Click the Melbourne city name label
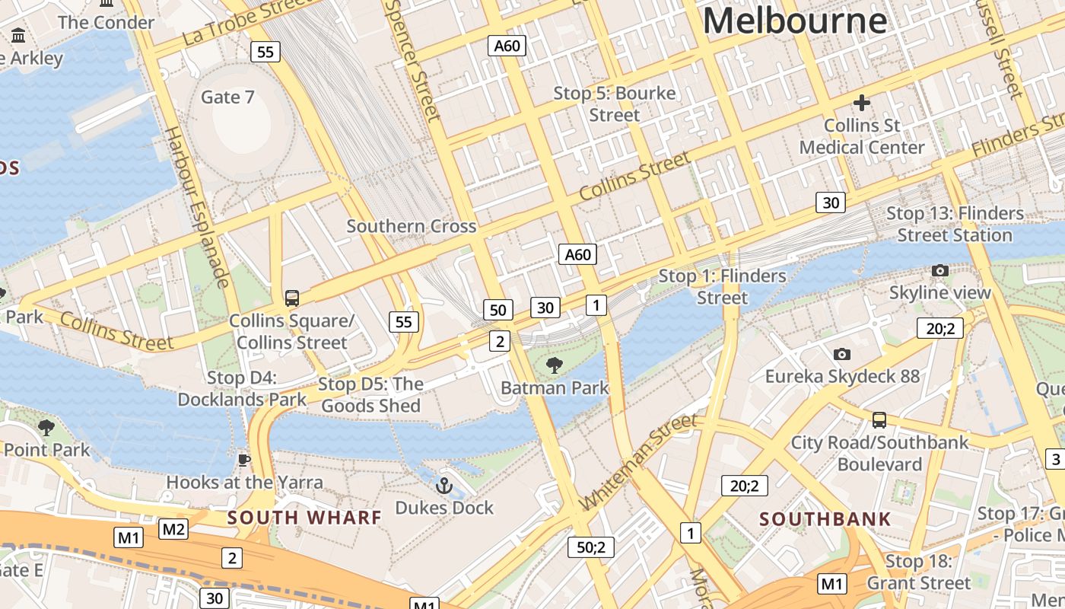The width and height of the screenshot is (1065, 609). coord(794,21)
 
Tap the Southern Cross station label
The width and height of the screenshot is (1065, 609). coord(412,226)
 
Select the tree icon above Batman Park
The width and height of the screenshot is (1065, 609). coord(555,365)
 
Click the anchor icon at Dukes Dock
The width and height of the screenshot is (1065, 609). coord(443,485)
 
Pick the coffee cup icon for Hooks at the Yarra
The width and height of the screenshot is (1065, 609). coord(243,460)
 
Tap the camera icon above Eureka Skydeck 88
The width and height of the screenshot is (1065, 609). coord(841,354)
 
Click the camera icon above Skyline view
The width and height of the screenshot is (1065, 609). coord(939,271)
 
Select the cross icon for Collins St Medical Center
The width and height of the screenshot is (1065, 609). coord(861,102)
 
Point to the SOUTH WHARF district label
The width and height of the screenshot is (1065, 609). coord(304,518)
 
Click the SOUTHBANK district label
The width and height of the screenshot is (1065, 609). coord(825,520)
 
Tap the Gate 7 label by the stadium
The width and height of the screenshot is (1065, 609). coord(227,97)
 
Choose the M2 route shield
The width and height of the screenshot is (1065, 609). coord(173,529)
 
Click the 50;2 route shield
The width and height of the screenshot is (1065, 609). coord(590,547)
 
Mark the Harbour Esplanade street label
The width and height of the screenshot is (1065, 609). coord(197,208)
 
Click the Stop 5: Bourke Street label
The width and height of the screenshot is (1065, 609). coord(615,104)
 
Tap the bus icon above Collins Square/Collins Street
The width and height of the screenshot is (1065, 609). coord(291,298)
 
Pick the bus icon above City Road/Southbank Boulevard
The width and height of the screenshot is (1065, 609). coord(879,419)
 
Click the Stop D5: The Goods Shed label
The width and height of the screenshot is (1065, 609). coord(370,394)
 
